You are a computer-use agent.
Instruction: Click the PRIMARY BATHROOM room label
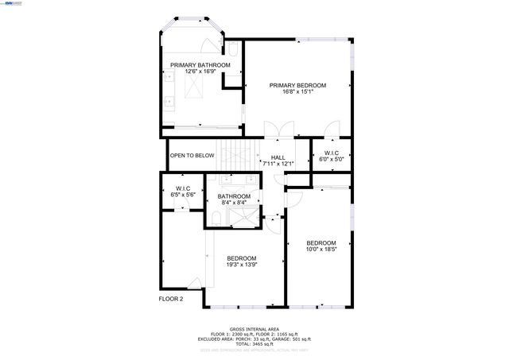point(200,64)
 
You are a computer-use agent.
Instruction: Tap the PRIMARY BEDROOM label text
point(297,85)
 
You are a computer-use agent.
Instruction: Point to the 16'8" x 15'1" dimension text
point(297,91)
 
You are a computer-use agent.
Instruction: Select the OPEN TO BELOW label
point(192,156)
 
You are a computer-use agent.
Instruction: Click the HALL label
point(278,157)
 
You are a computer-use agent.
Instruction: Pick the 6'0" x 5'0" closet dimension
point(331,159)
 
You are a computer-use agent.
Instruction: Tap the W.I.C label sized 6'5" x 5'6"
point(184,188)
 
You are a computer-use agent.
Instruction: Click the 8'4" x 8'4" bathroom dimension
point(234,203)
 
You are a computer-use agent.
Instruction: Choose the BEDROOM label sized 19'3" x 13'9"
point(241,258)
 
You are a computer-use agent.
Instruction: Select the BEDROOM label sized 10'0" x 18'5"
point(321,243)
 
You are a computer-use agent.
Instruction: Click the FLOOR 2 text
point(170,299)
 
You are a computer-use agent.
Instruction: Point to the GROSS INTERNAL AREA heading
point(254,328)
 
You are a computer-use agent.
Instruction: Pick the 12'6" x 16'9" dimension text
point(200,72)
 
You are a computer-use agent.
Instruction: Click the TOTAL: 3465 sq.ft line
point(254,344)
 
